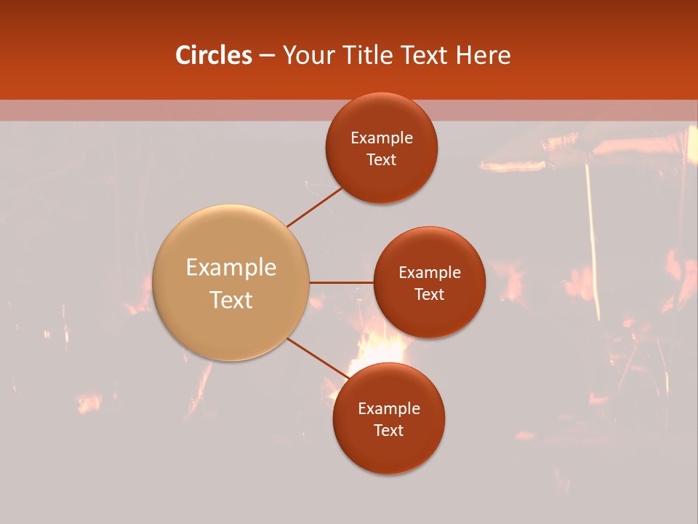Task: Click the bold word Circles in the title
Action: pos(214,55)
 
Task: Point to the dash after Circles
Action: pos(267,56)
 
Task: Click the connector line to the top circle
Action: pos(316,207)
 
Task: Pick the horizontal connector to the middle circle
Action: pos(342,282)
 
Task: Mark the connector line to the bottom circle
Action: pos(318,359)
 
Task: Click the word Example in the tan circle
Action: pos(231,268)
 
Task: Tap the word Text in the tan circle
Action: pos(231,300)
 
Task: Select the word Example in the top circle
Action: pos(382,138)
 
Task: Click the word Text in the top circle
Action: pos(382,160)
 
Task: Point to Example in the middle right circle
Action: pos(430,273)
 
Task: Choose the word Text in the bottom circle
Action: pos(389,431)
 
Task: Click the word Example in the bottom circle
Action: pos(389,409)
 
